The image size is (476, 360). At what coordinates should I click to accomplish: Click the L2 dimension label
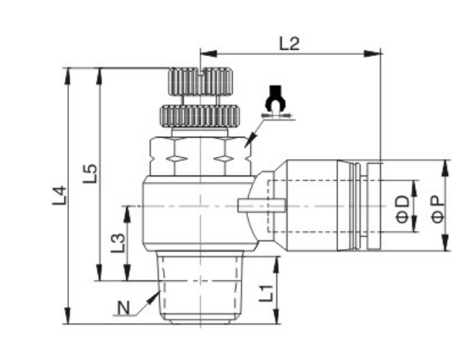[x=289, y=44]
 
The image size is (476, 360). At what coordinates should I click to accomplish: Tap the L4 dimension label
[x=59, y=195]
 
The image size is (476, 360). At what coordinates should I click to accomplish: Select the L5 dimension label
[x=90, y=173]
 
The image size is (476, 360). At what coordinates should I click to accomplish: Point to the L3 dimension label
[x=118, y=243]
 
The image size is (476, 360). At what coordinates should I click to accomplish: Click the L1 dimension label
[x=266, y=294]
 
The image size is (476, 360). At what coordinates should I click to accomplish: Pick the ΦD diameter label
[x=403, y=209]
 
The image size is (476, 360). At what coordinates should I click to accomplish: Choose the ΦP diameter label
[x=438, y=209]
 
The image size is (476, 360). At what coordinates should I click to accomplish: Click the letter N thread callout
[x=124, y=308]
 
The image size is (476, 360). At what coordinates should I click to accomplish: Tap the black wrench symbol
[x=276, y=99]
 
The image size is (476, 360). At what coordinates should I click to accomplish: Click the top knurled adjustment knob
[x=200, y=81]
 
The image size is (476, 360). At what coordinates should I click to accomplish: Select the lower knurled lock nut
[x=200, y=116]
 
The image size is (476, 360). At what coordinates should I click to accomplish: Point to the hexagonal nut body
[x=200, y=157]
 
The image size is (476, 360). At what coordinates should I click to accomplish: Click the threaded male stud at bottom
[x=200, y=287]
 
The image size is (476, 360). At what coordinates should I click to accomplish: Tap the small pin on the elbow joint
[x=261, y=205]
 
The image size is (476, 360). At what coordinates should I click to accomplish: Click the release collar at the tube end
[x=375, y=206]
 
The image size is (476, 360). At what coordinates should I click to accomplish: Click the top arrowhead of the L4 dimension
[x=67, y=76]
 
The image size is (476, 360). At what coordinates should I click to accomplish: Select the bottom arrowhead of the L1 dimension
[x=276, y=316]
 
